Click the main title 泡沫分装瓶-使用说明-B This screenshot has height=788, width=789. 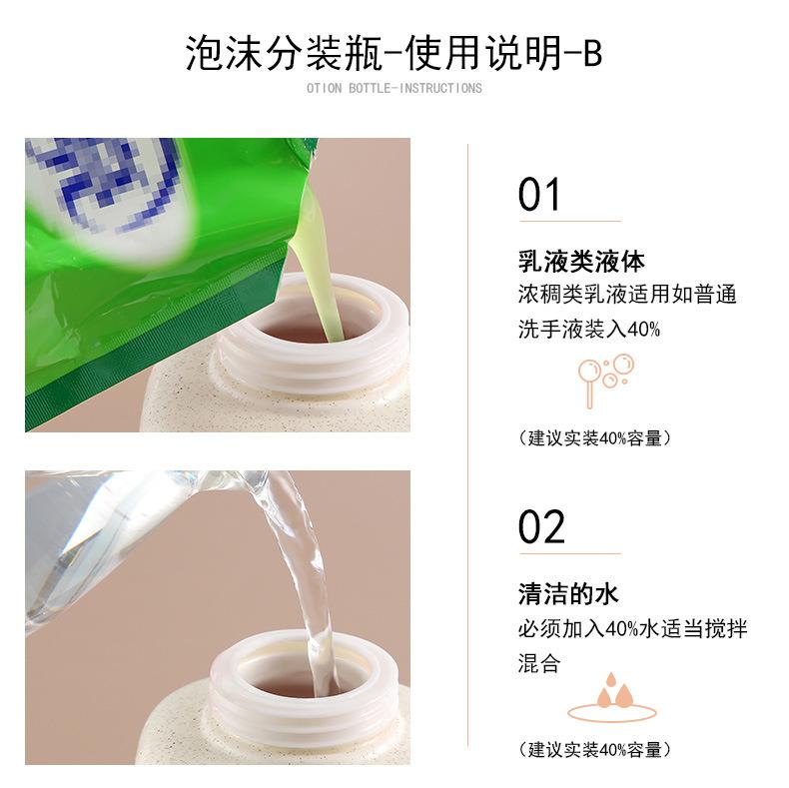[394, 53]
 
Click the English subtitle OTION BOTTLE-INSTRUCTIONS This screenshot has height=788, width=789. [394, 89]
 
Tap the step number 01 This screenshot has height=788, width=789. [539, 195]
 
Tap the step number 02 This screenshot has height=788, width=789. [541, 527]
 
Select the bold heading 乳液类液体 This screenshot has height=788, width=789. [581, 261]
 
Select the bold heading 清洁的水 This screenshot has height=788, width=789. [568, 594]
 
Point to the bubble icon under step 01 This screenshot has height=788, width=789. [606, 380]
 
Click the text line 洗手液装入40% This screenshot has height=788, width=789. [588, 330]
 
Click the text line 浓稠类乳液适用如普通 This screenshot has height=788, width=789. [627, 295]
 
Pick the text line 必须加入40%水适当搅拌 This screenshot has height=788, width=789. [633, 628]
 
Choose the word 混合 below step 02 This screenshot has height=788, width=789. [539, 663]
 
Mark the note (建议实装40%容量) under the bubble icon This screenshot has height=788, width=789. [595, 438]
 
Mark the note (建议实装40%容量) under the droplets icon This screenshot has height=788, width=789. [595, 749]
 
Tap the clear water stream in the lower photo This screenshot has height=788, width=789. [302, 578]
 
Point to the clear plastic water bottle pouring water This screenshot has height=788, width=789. [141, 538]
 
